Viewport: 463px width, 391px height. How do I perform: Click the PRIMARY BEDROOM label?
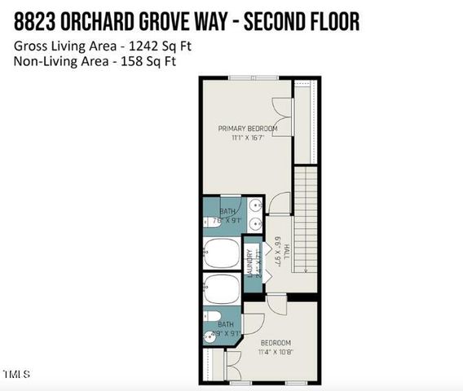(248, 129)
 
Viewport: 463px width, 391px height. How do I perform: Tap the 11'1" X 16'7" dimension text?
(248, 139)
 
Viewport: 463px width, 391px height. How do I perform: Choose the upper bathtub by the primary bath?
(221, 253)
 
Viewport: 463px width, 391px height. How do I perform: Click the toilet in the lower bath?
(209, 318)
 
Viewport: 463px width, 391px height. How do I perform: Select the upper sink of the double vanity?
(256, 204)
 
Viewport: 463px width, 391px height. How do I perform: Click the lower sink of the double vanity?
(256, 223)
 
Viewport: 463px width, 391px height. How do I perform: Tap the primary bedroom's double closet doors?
(282, 113)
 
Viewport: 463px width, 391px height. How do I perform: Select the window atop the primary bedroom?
(244, 78)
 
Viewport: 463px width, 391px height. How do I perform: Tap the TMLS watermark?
(16, 375)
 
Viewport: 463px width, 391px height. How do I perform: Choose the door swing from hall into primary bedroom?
(278, 202)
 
